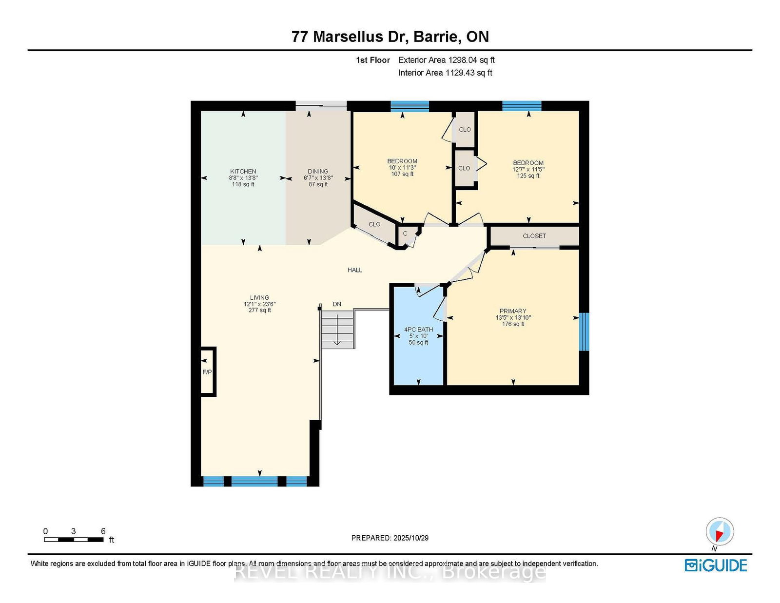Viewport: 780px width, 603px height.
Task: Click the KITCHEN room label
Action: pyautogui.click(x=243, y=172)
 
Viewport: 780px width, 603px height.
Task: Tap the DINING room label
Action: pyautogui.click(x=318, y=172)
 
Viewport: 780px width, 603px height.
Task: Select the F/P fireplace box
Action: pyautogui.click(x=208, y=372)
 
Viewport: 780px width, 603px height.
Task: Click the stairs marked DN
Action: pyautogui.click(x=337, y=330)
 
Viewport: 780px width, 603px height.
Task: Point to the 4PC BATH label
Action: pyautogui.click(x=418, y=330)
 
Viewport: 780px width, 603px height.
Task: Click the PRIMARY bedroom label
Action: pyautogui.click(x=513, y=311)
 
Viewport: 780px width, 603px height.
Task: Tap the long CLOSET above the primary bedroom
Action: pyautogui.click(x=534, y=236)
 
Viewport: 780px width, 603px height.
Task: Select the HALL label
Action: pyautogui.click(x=355, y=270)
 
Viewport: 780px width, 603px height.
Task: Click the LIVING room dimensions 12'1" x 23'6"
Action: pyautogui.click(x=260, y=304)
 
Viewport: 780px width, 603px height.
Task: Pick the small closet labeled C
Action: pyautogui.click(x=405, y=234)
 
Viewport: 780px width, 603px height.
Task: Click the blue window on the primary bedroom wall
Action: pyautogui.click(x=584, y=331)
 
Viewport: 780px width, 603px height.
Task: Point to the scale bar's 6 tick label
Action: pyautogui.click(x=103, y=531)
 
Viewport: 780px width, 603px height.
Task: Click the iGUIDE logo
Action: pyautogui.click(x=716, y=565)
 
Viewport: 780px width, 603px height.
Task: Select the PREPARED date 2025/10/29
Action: pyautogui.click(x=390, y=538)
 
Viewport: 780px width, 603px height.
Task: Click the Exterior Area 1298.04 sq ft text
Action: pyautogui.click(x=447, y=60)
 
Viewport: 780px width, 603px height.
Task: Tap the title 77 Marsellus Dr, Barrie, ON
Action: pyautogui.click(x=390, y=37)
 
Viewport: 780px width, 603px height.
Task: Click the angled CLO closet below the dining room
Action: pyautogui.click(x=374, y=224)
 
